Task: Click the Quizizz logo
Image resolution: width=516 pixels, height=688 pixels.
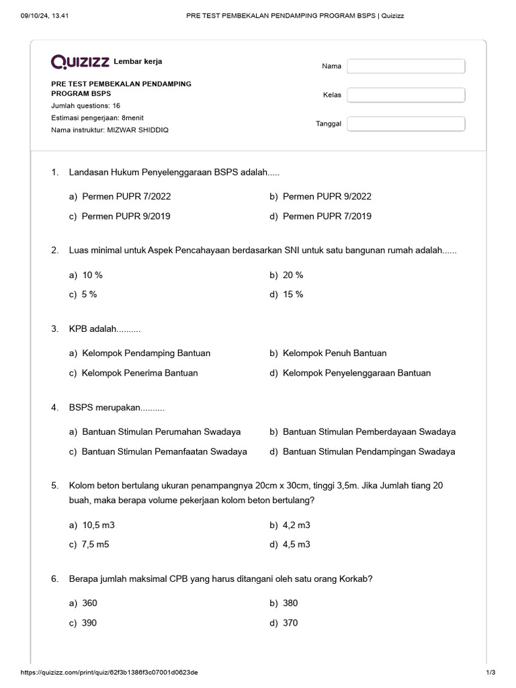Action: (81, 62)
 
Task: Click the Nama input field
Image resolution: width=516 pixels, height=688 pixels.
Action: (406, 66)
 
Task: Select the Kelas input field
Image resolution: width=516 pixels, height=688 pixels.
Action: (406, 95)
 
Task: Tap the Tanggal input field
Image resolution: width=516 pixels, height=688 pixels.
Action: (406, 124)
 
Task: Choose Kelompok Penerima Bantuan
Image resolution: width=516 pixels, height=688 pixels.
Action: (139, 373)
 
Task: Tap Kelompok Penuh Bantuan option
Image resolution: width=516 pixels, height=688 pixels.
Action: (334, 353)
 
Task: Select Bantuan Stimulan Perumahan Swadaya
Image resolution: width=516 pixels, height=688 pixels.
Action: (161, 431)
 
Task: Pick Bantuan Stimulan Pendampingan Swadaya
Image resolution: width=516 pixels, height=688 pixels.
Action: (368, 451)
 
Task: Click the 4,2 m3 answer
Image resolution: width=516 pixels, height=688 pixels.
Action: (296, 525)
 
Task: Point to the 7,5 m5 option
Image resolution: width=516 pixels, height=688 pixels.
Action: (95, 545)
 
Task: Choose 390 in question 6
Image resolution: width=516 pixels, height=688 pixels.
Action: (89, 623)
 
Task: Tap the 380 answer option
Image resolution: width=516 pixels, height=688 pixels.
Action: (290, 603)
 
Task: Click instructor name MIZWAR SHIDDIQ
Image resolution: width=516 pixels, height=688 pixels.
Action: (138, 130)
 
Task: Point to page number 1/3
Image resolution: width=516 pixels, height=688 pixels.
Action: (490, 673)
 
